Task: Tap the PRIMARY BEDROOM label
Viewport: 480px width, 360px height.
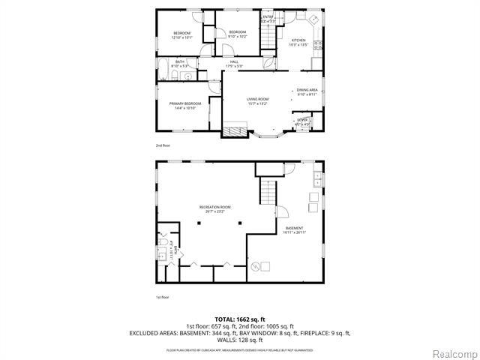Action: click(x=182, y=106)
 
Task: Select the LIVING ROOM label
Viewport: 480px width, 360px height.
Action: click(x=257, y=101)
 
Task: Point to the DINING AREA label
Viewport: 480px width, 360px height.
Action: click(x=307, y=92)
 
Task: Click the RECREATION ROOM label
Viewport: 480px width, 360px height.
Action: click(x=214, y=208)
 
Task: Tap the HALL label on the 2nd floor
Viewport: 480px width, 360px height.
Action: click(x=234, y=64)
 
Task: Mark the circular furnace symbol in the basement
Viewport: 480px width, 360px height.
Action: click(x=255, y=265)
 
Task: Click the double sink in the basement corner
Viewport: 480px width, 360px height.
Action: click(x=318, y=178)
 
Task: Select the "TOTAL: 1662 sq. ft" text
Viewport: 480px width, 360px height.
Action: click(x=239, y=318)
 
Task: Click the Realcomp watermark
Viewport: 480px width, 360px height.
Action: click(x=453, y=352)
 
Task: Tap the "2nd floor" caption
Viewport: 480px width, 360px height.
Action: click(x=163, y=145)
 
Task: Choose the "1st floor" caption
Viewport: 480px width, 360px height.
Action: click(x=163, y=297)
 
